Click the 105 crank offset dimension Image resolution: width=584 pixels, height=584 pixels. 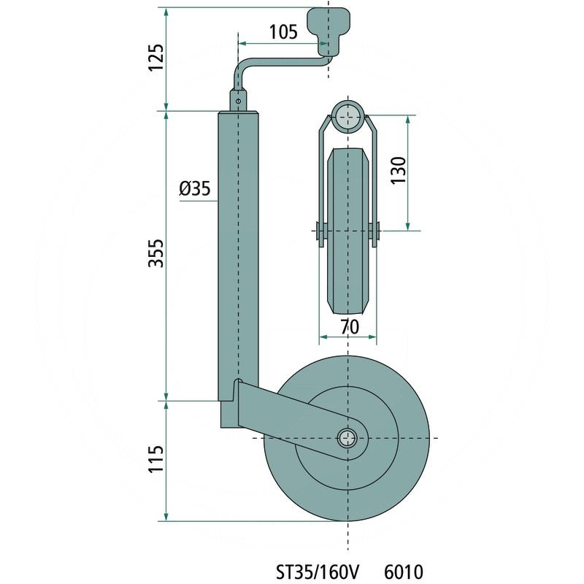(x=283, y=31)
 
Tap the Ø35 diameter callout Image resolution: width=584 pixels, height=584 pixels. (x=194, y=189)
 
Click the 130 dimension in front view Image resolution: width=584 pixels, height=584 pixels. (x=397, y=173)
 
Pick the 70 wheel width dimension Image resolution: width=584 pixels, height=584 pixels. (x=349, y=328)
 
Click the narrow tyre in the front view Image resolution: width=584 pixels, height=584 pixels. (x=348, y=234)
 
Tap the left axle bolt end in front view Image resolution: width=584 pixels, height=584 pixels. (x=318, y=231)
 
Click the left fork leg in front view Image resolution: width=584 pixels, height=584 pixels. (x=322, y=175)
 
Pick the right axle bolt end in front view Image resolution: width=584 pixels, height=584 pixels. (x=378, y=231)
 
